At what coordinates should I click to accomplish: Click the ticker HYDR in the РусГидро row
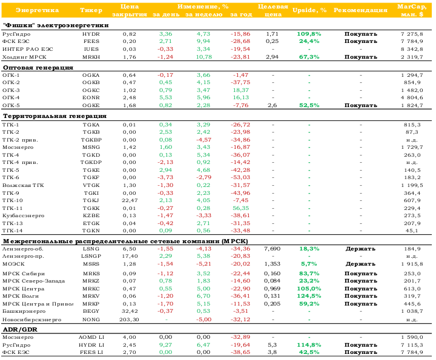coord(91,34)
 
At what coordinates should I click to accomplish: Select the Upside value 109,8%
coord(309,34)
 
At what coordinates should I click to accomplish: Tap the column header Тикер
coord(91,10)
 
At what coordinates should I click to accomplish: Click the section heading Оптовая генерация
coord(38,68)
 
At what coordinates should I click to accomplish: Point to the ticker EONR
coord(91,97)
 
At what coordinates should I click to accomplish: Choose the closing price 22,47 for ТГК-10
coord(130,200)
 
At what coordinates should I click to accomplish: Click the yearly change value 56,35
coord(241,208)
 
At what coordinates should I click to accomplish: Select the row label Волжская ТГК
coord(23,185)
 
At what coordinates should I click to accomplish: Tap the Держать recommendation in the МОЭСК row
coord(360,264)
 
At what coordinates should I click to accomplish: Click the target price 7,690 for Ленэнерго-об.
coord(272,249)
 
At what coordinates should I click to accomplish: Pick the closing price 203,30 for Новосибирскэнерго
coord(129,319)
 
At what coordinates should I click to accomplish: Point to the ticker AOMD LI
coord(91,337)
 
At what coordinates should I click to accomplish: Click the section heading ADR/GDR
coord(20,330)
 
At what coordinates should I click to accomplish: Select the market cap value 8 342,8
coord(412,49)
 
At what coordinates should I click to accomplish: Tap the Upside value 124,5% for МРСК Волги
coord(309,296)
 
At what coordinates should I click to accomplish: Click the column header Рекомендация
coord(360,10)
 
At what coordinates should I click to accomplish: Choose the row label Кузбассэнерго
coord(24,215)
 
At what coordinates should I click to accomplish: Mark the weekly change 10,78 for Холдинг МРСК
coord(204,57)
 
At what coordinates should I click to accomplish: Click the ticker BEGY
coord(91,312)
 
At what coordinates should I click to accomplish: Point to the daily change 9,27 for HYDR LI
coord(165,345)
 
